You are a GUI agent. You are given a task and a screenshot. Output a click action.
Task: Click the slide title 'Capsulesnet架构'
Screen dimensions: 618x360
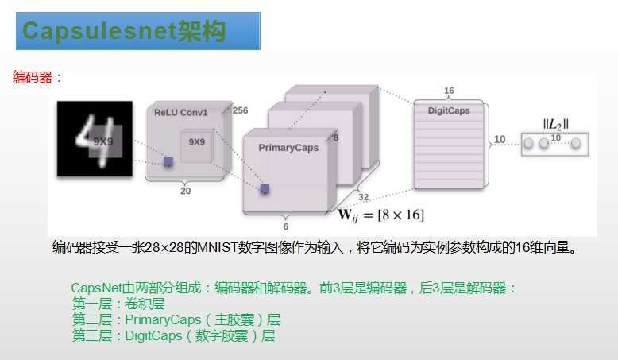124,31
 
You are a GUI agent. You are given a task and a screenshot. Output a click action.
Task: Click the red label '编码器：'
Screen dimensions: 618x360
37,78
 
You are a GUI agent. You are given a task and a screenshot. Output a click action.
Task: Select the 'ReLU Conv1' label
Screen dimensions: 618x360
181,114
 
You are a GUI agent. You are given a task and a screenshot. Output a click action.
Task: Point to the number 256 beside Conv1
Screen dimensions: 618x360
240,110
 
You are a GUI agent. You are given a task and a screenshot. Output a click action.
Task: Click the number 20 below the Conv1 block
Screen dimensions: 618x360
185,191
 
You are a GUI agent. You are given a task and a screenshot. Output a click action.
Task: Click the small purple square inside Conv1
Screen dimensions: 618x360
168,161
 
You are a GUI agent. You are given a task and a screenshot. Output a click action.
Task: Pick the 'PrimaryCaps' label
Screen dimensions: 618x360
288,148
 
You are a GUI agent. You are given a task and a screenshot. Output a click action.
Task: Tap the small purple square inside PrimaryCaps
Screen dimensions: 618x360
265,188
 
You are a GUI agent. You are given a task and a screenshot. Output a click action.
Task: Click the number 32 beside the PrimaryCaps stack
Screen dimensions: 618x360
364,197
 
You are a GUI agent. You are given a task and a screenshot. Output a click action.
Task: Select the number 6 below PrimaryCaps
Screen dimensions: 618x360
286,226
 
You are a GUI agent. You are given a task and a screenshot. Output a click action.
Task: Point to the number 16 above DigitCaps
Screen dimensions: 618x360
449,91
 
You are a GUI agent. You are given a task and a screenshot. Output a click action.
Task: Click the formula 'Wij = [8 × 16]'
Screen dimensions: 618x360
381,215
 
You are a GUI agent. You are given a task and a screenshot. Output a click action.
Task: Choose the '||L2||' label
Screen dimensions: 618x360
556,123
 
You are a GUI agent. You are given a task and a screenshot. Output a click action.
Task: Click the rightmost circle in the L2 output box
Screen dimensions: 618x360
577,143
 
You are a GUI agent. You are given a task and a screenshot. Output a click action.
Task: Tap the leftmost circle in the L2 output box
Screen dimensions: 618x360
527,143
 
